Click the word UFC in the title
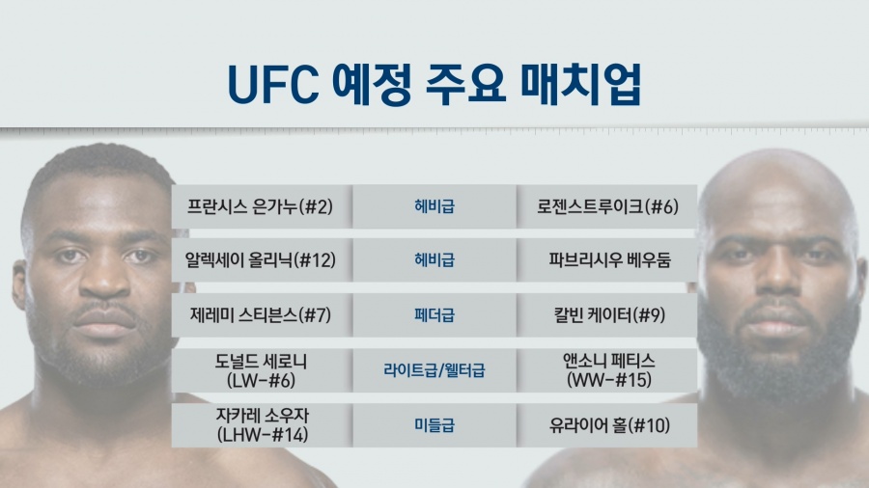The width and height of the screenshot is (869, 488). (x=272, y=85)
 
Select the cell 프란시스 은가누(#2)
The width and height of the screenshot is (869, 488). (x=260, y=207)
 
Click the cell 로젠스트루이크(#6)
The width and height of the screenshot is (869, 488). (x=607, y=207)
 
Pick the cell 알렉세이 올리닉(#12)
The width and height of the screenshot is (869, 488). (x=261, y=260)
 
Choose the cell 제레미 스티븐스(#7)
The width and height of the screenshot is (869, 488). (x=261, y=315)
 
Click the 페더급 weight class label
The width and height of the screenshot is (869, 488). (x=434, y=315)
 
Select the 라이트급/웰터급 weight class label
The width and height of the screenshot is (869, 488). (x=434, y=370)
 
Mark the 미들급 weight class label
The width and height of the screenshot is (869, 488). (x=434, y=425)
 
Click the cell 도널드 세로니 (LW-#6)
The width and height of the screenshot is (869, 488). (x=261, y=370)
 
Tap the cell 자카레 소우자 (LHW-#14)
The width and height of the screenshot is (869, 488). (x=262, y=425)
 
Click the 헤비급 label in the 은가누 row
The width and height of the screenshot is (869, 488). (x=434, y=207)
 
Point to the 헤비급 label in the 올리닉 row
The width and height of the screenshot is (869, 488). (x=434, y=260)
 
